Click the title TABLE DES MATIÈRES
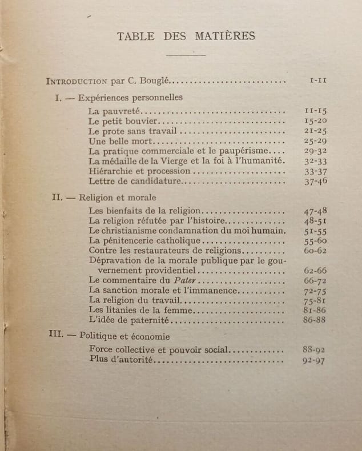coord(186,36)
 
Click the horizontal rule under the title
coord(186,55)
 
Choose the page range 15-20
coord(315,122)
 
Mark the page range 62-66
coord(315,270)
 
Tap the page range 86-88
coord(315,320)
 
